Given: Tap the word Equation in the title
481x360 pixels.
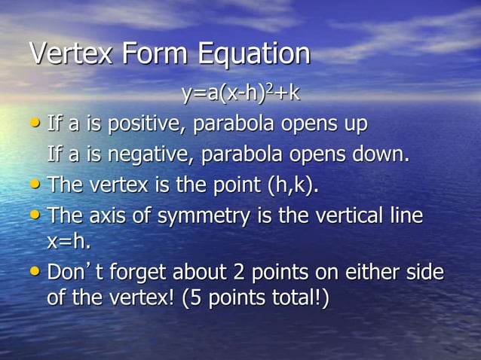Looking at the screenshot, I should point(253,54).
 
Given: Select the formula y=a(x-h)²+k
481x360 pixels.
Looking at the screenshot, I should point(240,94).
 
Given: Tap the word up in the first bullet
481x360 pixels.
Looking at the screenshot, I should point(354,124).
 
